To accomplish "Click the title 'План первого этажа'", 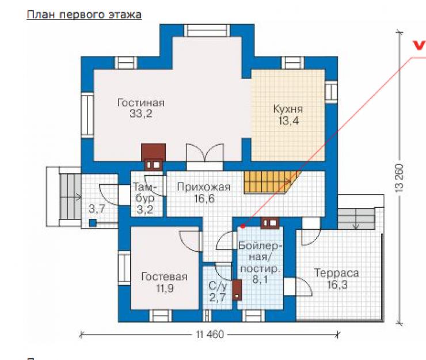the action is [x=84, y=14].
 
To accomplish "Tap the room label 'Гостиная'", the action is [x=141, y=103].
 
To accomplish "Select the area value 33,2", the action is [x=141, y=113].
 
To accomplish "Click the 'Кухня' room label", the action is [x=288, y=109].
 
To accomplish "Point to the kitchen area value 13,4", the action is [x=288, y=120].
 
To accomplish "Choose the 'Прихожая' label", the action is [x=204, y=187].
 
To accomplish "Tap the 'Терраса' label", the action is [x=337, y=273].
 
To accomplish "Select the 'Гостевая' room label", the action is [x=165, y=277].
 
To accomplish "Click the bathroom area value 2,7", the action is [x=218, y=297].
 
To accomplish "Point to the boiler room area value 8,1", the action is [x=260, y=279].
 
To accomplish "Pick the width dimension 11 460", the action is [x=210, y=334].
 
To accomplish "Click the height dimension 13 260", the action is [x=400, y=179].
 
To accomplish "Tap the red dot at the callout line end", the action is [x=243, y=226].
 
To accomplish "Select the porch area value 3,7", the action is [x=97, y=209].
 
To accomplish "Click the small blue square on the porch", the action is [x=93, y=223].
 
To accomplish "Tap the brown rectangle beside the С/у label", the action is [x=237, y=290].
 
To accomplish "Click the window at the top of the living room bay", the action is [x=207, y=30].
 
